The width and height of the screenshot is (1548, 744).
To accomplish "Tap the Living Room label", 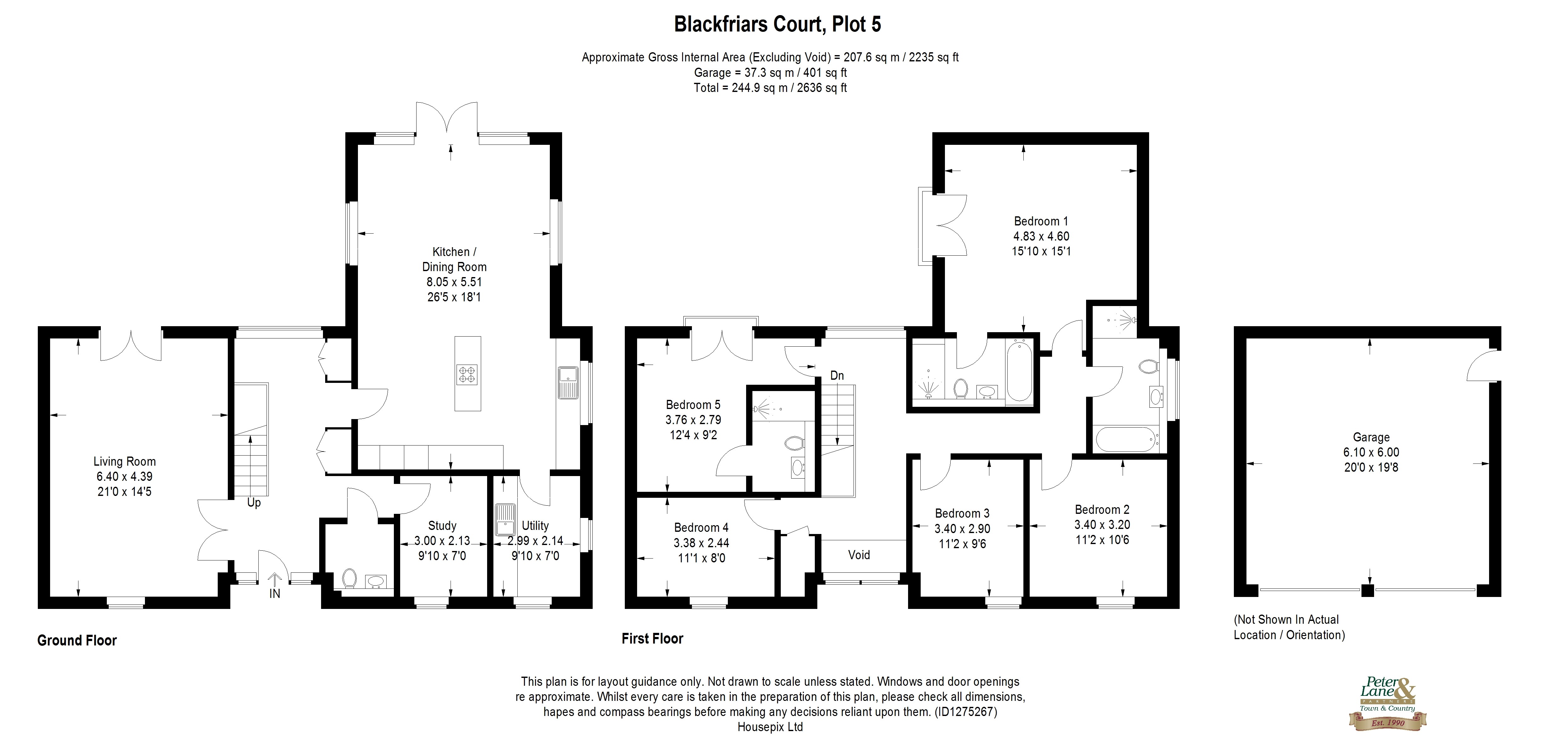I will coord(124,461).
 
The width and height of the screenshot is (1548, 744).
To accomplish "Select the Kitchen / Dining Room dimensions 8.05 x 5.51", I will coord(454,281).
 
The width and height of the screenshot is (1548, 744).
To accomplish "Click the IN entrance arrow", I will coord(275,586).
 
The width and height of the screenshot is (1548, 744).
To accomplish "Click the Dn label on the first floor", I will coord(837,375).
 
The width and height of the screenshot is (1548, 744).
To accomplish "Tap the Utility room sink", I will coord(505,520).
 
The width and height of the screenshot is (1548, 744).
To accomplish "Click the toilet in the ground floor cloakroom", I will coord(349,579).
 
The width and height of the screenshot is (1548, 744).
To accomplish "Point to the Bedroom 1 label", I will coord(1041,221).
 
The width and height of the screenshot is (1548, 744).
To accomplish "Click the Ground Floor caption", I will coord(77,640).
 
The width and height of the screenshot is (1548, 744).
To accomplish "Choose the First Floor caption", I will coord(652,638).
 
